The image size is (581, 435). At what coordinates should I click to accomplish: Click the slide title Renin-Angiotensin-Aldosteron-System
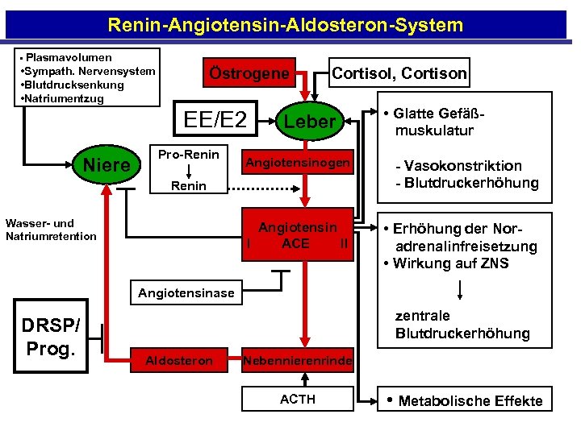tap(285, 25)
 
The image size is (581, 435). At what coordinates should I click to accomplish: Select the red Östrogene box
tap(249, 73)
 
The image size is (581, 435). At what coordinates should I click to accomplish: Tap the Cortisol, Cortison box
tap(399, 73)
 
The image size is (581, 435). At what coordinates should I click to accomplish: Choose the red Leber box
tap(309, 122)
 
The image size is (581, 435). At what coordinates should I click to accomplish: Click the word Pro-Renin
tap(188, 154)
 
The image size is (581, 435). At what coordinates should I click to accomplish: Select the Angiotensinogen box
tap(298, 164)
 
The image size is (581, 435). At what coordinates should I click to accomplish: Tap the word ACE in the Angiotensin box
tap(295, 243)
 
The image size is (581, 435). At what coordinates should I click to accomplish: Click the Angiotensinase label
tap(186, 293)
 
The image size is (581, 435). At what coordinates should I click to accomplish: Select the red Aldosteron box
tap(178, 361)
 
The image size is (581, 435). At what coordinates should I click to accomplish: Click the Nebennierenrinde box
tap(297, 361)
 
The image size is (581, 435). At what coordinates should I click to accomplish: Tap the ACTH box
tap(297, 400)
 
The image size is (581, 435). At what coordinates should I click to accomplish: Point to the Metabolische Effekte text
tap(470, 401)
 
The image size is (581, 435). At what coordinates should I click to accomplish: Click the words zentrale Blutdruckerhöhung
tap(462, 325)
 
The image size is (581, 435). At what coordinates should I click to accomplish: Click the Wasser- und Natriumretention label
tap(50, 230)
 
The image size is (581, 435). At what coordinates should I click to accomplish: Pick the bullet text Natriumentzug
tap(64, 98)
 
